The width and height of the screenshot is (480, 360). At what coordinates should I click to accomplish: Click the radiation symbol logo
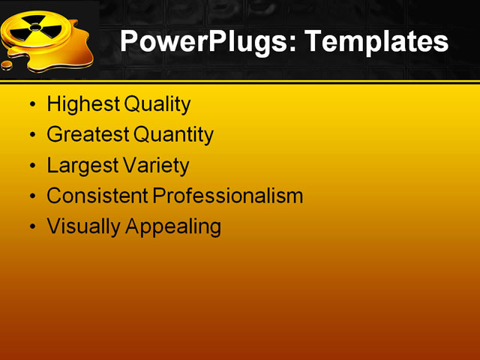pyautogui.click(x=35, y=29)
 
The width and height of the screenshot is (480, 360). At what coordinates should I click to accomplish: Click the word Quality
pyautogui.click(x=157, y=104)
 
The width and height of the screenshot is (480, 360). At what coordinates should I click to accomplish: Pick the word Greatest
pyautogui.click(x=88, y=135)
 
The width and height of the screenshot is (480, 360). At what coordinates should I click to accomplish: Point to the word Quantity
pyautogui.click(x=174, y=135)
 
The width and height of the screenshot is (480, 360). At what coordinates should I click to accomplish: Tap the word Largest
pyautogui.click(x=81, y=165)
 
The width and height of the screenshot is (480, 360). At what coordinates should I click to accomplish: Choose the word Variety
pyautogui.click(x=155, y=165)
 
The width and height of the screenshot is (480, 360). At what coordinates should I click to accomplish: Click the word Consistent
pyautogui.click(x=97, y=196)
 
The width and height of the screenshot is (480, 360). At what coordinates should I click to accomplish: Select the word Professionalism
pyautogui.click(x=228, y=196)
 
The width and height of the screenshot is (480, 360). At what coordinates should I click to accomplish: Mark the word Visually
pyautogui.click(x=82, y=226)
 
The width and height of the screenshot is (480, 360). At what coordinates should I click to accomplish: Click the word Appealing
pyautogui.click(x=173, y=226)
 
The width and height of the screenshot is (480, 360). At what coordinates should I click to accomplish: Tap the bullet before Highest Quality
pyautogui.click(x=31, y=105)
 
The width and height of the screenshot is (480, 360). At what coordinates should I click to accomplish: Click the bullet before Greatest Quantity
pyautogui.click(x=31, y=136)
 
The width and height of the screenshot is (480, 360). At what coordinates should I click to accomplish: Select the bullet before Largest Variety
pyautogui.click(x=31, y=166)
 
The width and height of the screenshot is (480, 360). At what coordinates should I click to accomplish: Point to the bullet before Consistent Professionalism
pyautogui.click(x=31, y=196)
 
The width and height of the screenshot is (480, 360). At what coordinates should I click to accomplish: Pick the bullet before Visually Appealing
pyautogui.click(x=31, y=226)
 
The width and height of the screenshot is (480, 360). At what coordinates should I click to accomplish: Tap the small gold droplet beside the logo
pyautogui.click(x=7, y=65)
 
